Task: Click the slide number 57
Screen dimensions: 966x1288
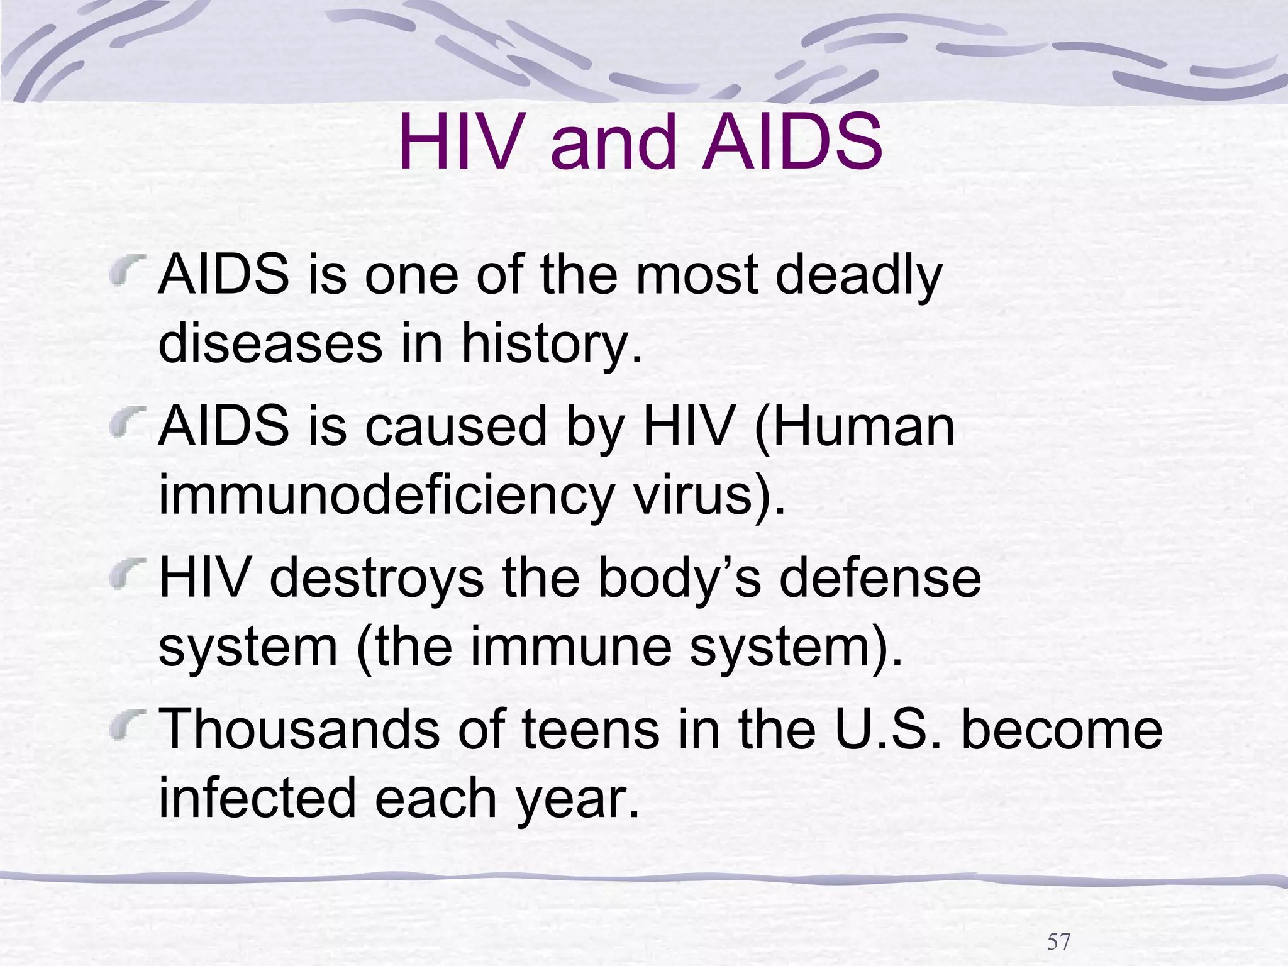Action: pyautogui.click(x=1058, y=924)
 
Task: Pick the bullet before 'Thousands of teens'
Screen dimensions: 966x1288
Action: pyautogui.click(x=128, y=723)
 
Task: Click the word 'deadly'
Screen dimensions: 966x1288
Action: pyautogui.click(x=858, y=277)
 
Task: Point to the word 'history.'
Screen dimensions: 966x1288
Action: pyautogui.click(x=552, y=345)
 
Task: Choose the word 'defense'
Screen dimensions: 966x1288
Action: pyautogui.click(x=879, y=579)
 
